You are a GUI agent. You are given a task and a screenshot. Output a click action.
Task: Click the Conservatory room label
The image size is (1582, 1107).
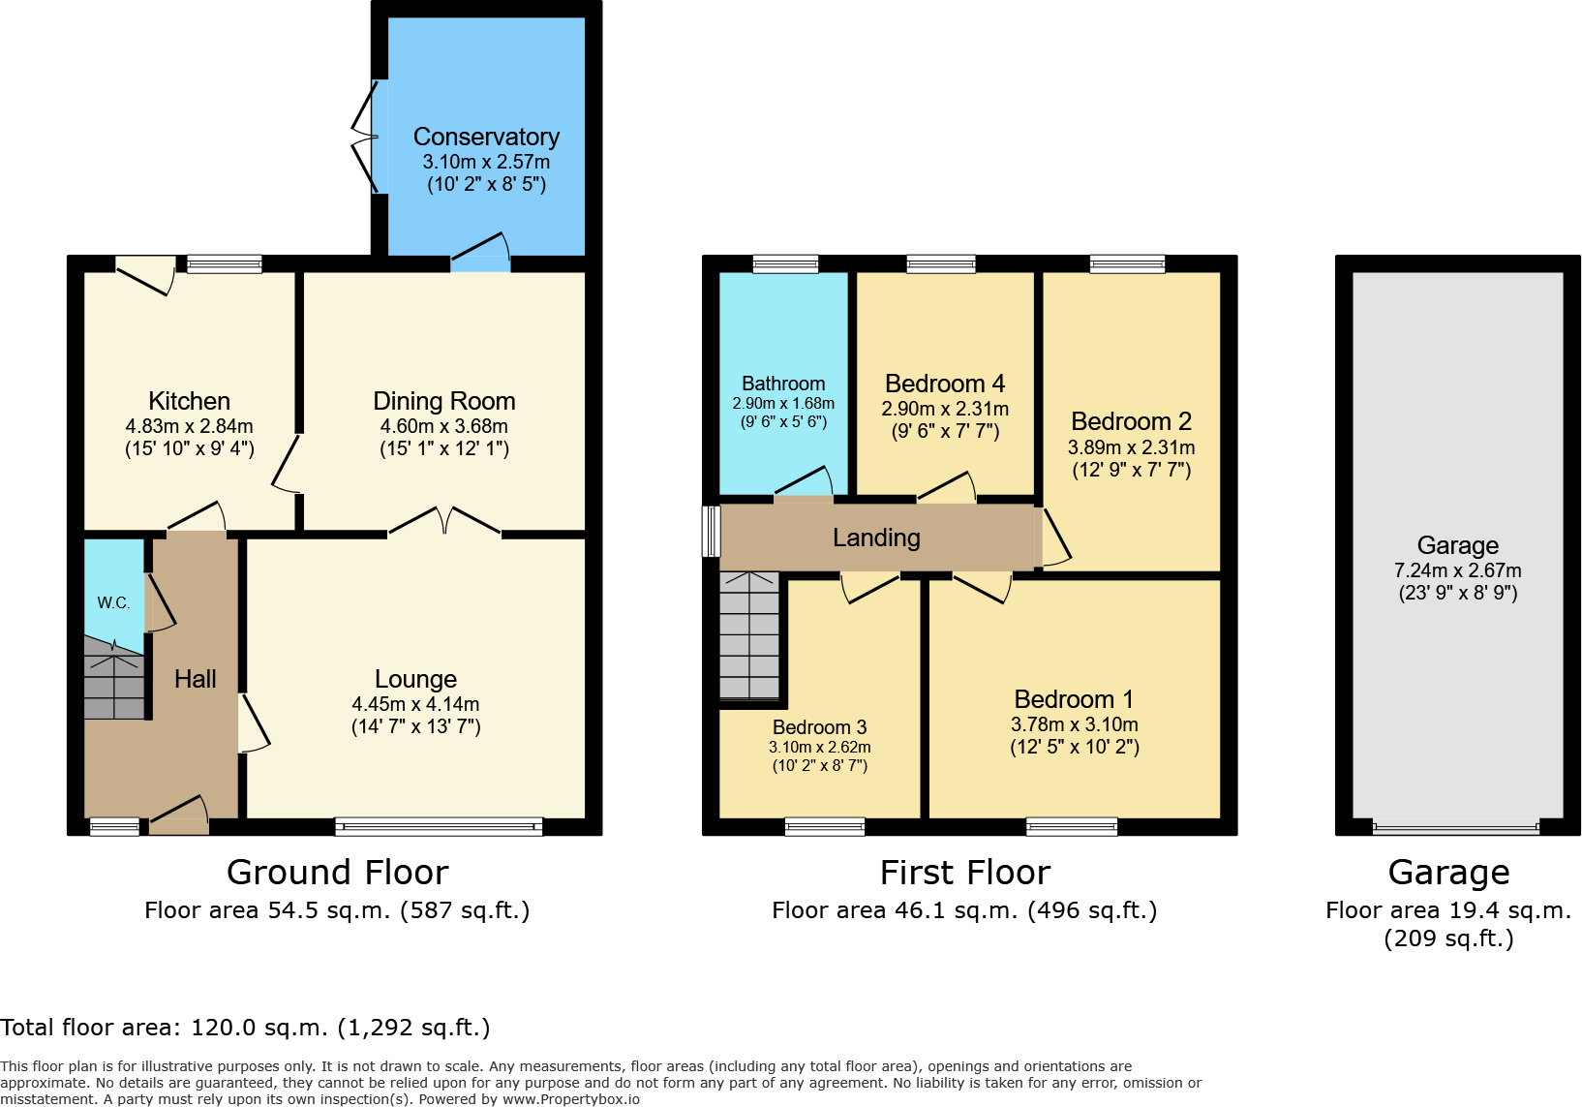click(486, 137)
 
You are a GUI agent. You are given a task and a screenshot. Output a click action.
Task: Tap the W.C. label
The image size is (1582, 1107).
click(113, 602)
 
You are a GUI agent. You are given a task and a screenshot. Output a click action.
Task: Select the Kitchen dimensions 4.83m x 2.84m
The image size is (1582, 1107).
click(189, 426)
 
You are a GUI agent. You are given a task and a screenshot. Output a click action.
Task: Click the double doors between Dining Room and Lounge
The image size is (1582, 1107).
click(444, 523)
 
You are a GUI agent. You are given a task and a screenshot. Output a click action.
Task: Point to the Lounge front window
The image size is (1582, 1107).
click(439, 827)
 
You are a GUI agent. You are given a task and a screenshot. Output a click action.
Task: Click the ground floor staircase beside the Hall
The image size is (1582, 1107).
click(113, 678)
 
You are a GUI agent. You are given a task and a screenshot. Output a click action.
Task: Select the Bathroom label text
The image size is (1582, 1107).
click(783, 384)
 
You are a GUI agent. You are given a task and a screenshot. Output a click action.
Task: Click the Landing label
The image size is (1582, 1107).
click(876, 538)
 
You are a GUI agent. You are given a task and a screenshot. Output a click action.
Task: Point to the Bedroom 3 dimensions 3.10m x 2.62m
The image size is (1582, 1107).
click(819, 747)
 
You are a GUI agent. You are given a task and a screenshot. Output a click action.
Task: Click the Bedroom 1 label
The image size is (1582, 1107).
click(1074, 699)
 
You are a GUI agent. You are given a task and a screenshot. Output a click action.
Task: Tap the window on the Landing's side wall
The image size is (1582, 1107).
click(712, 531)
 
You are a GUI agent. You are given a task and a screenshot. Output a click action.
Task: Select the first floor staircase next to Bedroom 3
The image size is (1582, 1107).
click(749, 634)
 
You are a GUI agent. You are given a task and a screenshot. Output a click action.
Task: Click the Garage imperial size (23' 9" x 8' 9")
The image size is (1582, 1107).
click(1457, 593)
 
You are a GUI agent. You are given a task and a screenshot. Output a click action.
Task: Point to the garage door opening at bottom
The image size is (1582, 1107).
click(1455, 828)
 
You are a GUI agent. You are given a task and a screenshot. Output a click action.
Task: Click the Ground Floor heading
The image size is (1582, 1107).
click(337, 873)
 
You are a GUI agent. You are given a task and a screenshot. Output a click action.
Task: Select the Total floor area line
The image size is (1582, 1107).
click(245, 1028)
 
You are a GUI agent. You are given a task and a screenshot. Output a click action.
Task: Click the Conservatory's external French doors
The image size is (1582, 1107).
click(364, 137)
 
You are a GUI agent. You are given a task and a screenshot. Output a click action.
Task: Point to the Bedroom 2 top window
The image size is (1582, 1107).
click(1127, 263)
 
